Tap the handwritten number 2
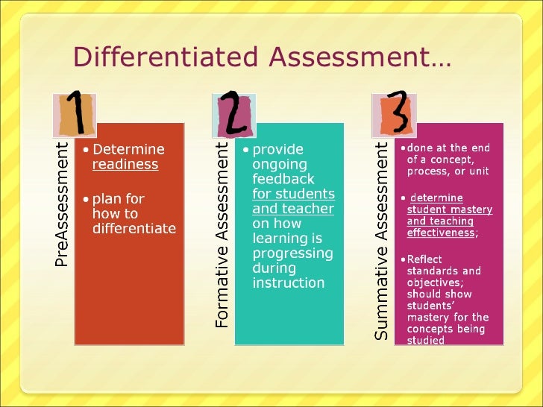click(233, 115)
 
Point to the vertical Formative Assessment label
click(222, 236)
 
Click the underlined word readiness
click(125, 165)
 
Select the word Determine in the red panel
click(128, 150)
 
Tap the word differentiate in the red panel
click(134, 229)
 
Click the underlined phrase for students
click(293, 195)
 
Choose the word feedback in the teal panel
click(283, 180)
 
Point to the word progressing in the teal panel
click(293, 253)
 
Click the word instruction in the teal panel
click(289, 283)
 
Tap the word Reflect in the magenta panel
click(424, 259)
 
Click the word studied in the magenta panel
click(425, 341)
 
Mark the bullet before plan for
click(86, 199)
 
